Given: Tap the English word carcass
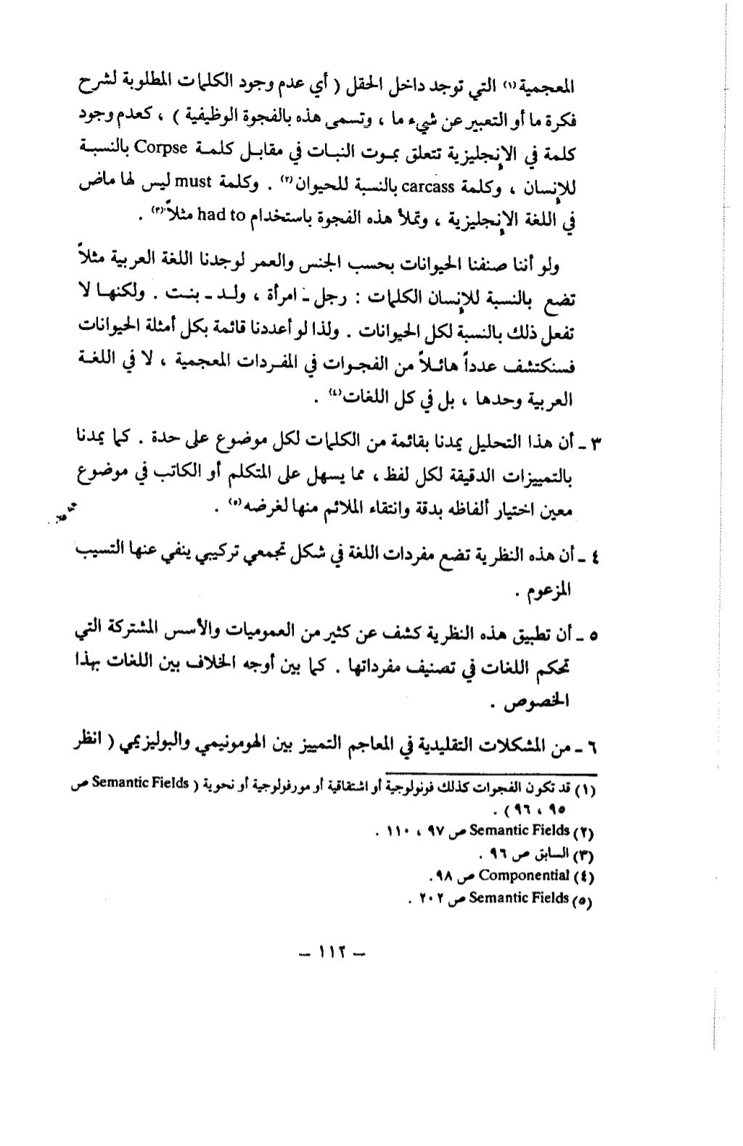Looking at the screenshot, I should [428, 186].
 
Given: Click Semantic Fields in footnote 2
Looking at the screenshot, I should [518, 829].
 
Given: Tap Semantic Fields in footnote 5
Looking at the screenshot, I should [519, 898].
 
